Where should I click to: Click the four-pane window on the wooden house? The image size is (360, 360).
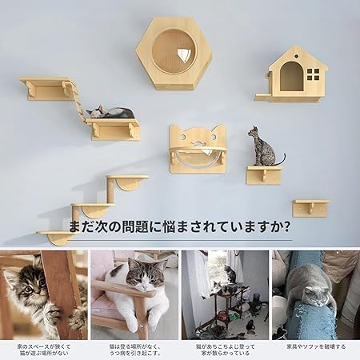click(x=312, y=75)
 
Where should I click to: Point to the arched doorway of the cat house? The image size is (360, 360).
click(x=290, y=78)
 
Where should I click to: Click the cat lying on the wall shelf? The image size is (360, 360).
click(x=110, y=113)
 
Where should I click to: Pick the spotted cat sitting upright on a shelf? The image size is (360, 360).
click(x=262, y=148)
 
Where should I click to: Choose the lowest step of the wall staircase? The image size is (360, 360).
click(x=56, y=235)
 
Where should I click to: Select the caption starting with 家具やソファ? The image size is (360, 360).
click(x=314, y=346)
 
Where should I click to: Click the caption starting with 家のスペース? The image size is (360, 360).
click(x=45, y=350)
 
